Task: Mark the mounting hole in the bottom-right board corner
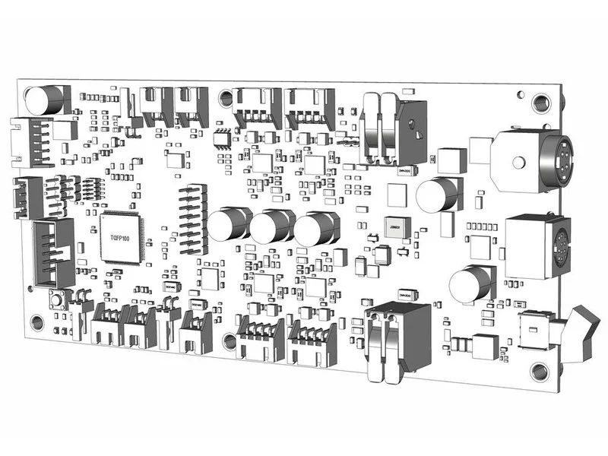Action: coord(539,371)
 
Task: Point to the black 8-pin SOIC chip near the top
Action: coord(222,138)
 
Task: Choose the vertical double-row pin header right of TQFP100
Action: coord(193,218)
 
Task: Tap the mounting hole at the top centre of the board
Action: coord(226,97)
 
